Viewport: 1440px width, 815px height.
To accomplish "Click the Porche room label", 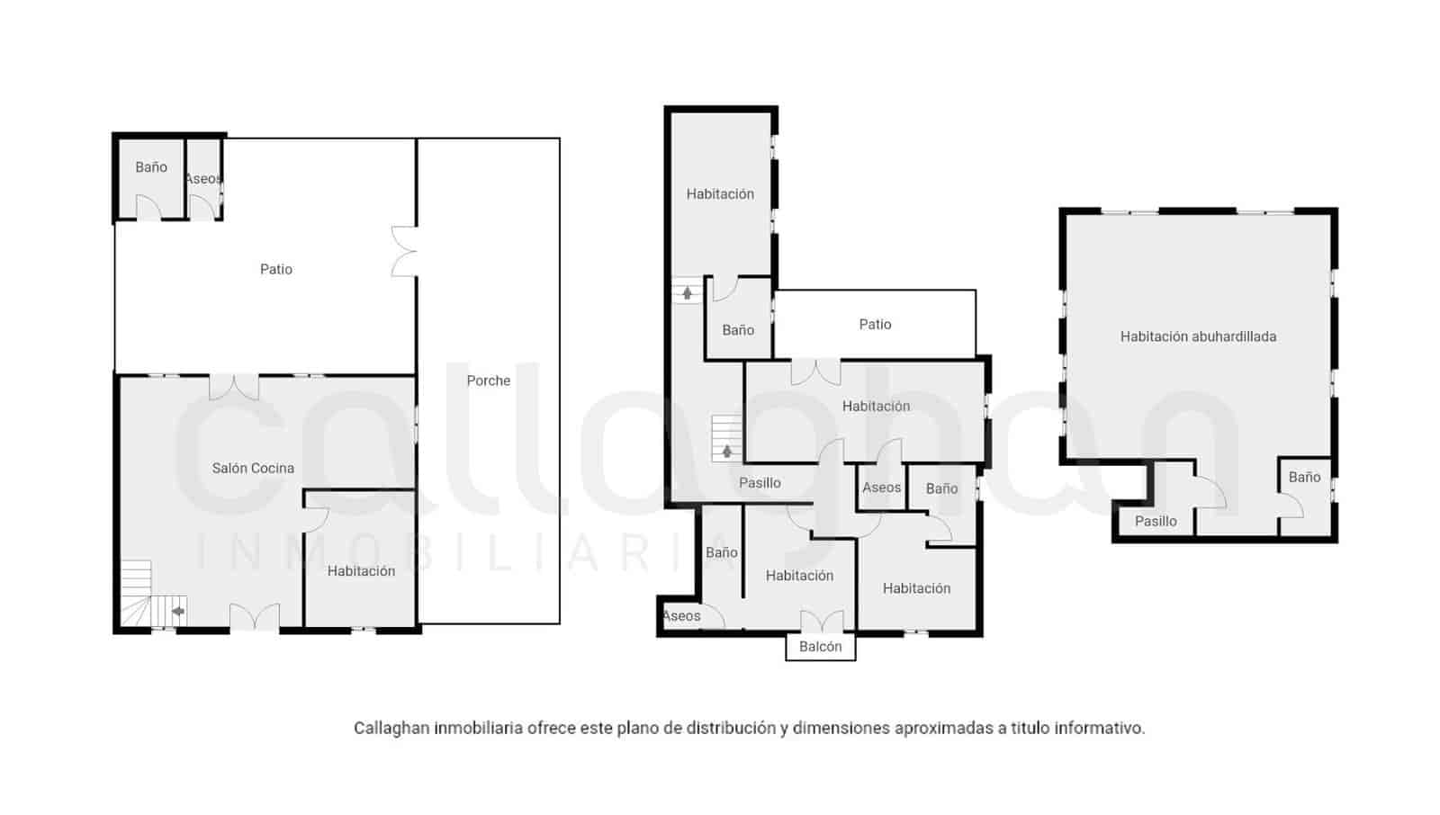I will point(488,381).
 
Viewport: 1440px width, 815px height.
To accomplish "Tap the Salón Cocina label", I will point(253,468).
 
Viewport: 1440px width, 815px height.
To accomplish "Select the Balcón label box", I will point(820,646).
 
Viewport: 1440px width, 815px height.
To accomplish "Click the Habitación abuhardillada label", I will point(1198,336).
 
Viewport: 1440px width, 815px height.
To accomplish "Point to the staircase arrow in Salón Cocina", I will point(177,612).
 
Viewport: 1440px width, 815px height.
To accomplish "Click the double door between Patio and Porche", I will point(404,251).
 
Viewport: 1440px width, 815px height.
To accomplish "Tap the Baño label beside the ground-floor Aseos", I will point(151,167).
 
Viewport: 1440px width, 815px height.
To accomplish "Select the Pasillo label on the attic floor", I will point(1156,521).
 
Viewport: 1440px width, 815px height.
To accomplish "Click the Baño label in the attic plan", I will point(1304,477).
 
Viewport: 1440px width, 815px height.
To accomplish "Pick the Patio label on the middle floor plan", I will point(875,324).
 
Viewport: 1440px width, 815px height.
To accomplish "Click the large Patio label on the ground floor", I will point(275,269).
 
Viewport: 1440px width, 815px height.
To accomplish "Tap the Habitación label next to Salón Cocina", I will point(361,570).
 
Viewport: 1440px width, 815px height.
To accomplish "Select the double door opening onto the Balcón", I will point(822,621).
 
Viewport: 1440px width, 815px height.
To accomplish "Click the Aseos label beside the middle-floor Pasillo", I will point(881,488).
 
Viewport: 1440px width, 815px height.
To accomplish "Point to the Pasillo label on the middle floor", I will point(760,483).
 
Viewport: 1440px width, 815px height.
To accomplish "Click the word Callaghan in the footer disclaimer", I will point(391,728).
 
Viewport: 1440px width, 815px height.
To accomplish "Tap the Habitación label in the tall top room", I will point(720,193).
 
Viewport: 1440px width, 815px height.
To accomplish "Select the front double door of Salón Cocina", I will point(255,617).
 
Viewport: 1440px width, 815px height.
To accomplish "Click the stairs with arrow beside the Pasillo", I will point(725,438).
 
